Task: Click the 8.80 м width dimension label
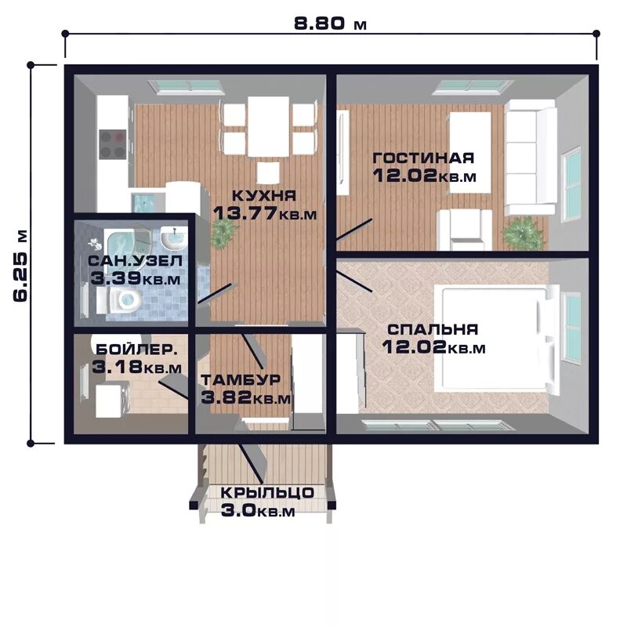tap(330, 24)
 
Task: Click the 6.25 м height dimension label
tap(21, 266)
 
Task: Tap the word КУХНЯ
tap(264, 196)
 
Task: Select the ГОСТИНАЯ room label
tap(423, 158)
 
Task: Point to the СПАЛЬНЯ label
tap(433, 329)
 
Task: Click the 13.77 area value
tap(245, 213)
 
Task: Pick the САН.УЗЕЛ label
tap(135, 261)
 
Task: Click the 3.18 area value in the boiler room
tap(117, 366)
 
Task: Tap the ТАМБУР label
tap(241, 379)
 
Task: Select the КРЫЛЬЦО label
tap(267, 493)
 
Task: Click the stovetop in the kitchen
tap(112, 143)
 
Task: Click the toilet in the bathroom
tap(123, 300)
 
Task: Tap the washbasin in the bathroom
tap(174, 240)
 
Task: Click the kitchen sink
tap(144, 203)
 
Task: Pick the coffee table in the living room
tap(470, 152)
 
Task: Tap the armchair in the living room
tap(465, 230)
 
